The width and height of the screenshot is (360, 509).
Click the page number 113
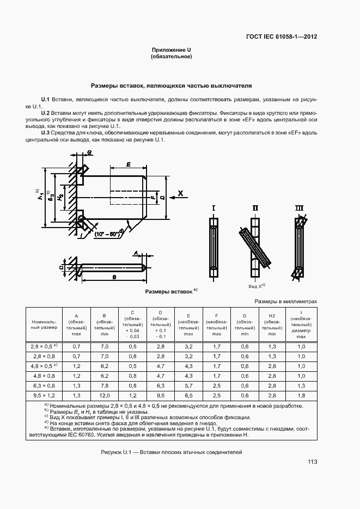pyautogui.click(x=312, y=462)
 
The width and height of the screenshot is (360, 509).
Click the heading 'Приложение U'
pyautogui.click(x=172, y=50)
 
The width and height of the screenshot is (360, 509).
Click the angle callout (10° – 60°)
pyautogui.click(x=108, y=234)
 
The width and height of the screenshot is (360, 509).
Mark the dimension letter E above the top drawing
pyautogui.click(x=127, y=164)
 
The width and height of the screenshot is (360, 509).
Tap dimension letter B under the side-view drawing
pyautogui.click(x=113, y=277)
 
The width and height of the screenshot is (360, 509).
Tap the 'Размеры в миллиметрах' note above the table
pyautogui.click(x=285, y=301)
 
